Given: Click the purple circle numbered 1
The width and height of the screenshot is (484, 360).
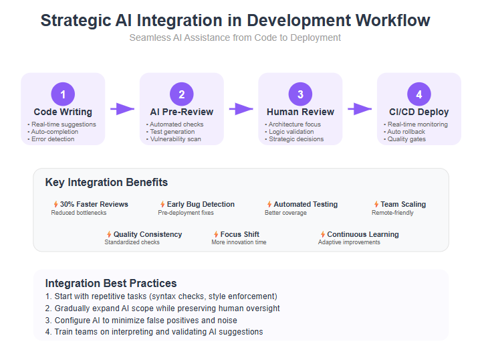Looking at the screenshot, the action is pos(63,94).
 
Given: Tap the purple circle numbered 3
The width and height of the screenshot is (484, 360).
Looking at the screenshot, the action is pos(300,94).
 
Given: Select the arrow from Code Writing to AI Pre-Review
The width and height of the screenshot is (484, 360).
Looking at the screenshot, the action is pos(122,109).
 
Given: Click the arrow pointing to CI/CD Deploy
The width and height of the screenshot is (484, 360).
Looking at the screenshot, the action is pos(360,109).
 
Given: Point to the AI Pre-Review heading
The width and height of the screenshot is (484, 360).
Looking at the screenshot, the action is pos(182,112).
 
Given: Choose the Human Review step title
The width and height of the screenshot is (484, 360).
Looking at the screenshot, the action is pos(300,112).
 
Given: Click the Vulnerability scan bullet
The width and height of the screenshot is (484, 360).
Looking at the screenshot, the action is pos(174,139).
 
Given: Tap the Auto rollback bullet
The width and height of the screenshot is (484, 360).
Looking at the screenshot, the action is pos(404,132).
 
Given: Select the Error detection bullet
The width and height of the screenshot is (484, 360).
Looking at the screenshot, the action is pos(51,139).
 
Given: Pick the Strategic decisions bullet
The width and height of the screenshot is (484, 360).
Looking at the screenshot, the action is pos(294,139).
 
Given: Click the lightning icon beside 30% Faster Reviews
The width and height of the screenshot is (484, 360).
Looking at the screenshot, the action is pos(56,204).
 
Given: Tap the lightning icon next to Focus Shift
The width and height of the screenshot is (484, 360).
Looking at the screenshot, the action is pos(216,234).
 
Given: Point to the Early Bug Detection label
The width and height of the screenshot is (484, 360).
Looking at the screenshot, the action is pos(201,204).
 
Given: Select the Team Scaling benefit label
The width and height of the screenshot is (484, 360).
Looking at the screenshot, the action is pos(403,204).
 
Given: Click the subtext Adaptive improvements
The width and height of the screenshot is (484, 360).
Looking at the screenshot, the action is pos(349,242).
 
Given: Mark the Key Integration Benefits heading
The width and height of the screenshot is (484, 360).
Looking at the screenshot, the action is pos(106,182).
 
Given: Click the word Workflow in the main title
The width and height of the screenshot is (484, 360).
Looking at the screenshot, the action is pos(393,20).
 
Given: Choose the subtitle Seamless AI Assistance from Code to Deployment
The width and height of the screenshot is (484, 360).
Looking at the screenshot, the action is pos(235,37).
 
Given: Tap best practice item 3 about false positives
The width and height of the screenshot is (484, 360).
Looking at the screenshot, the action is pos(141,321).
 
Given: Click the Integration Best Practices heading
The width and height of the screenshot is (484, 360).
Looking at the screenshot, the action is pos(111,283).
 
